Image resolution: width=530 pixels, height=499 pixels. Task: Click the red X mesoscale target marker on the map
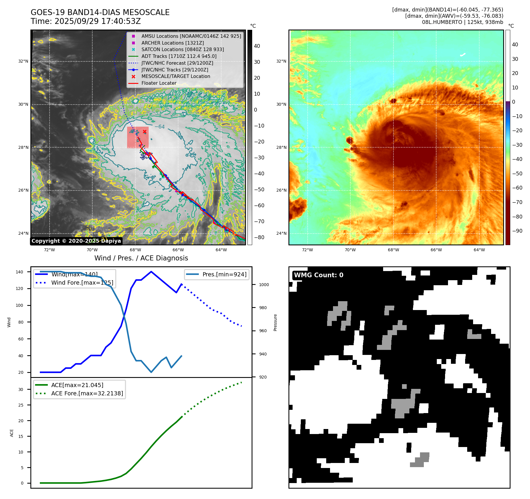tap(145, 132)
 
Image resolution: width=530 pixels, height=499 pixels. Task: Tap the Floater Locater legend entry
tap(159, 83)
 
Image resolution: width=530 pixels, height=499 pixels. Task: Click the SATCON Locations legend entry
tap(182, 49)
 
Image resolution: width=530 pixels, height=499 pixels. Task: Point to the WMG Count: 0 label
tap(319, 275)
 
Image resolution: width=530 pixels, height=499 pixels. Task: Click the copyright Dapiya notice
tap(76, 241)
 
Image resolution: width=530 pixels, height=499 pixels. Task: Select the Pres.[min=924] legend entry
tap(224, 274)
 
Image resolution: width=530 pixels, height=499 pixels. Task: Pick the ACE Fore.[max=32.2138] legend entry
tap(87, 393)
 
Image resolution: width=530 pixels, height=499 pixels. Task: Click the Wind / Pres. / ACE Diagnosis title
tap(141, 258)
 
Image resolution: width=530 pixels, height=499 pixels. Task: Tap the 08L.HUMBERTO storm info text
tap(462, 22)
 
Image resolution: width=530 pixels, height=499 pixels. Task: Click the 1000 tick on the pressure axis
tap(264, 285)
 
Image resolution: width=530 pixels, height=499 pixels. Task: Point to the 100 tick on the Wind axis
tap(19, 305)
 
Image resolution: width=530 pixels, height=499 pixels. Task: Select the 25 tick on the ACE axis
tap(21, 405)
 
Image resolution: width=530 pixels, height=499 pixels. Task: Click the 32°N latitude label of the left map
tap(23, 61)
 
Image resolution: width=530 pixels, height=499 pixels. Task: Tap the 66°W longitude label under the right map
tap(436, 250)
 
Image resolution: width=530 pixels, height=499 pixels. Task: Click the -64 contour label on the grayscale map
tap(160, 127)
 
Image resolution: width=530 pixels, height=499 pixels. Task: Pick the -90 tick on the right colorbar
tap(517, 231)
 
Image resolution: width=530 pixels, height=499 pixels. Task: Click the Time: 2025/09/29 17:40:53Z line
tap(86, 21)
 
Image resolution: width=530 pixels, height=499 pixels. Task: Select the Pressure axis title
tap(275, 322)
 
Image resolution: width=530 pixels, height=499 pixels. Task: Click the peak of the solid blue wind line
tap(151, 272)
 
